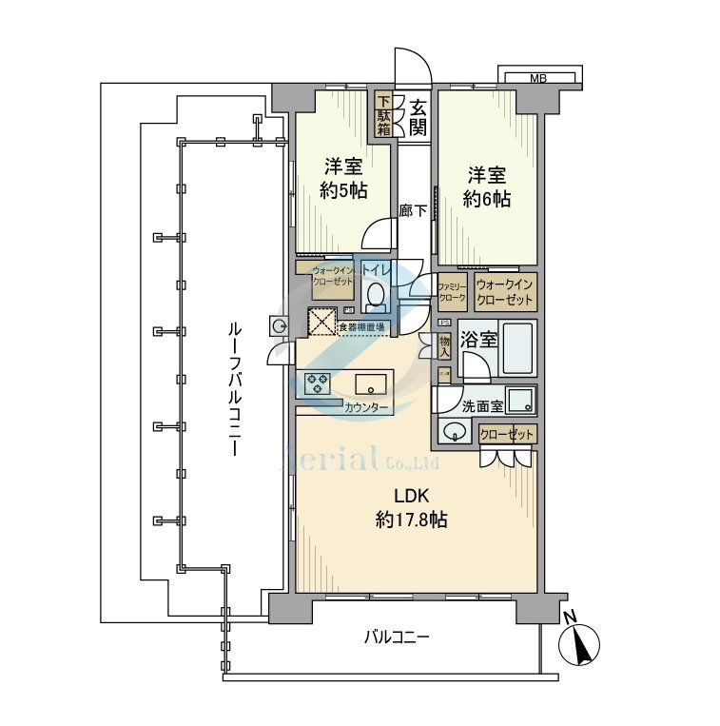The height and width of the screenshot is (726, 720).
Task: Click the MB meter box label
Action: (538, 77)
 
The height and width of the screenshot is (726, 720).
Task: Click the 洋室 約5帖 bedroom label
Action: (341, 178)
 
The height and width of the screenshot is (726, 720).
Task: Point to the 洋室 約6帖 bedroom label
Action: (486, 186)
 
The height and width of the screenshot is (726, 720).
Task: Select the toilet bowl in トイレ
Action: (377, 297)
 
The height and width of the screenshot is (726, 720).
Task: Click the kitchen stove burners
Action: (317, 383)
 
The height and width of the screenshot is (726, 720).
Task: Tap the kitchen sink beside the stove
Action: (369, 384)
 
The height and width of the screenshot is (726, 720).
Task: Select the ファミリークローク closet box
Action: (452, 291)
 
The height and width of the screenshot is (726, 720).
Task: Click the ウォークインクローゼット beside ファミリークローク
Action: (506, 291)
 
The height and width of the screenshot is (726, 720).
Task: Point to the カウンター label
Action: (366, 407)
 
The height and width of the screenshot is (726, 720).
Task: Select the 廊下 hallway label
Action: (412, 211)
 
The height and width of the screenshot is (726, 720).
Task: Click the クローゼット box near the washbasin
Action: (508, 434)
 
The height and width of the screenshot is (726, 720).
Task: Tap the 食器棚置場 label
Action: (361, 328)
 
